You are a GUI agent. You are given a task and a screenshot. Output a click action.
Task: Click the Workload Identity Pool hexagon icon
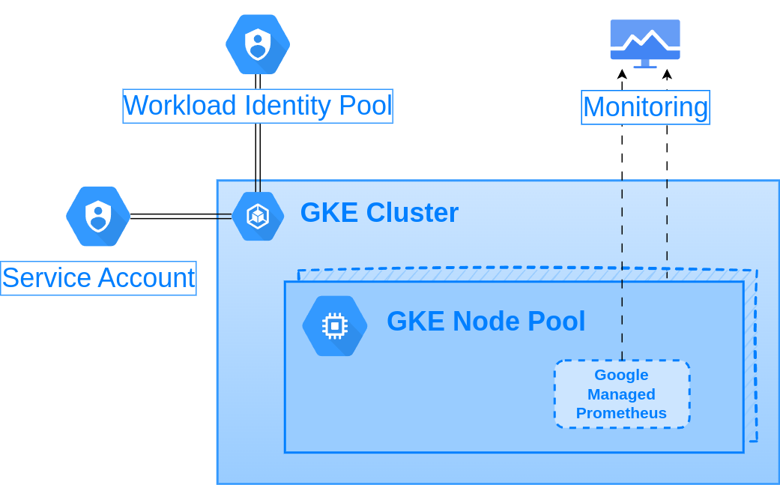[258, 44]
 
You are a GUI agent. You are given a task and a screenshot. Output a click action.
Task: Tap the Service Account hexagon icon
[98, 217]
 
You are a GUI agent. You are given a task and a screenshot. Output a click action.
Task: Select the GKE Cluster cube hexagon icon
[258, 217]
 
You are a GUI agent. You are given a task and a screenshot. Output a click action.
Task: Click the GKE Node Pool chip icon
[335, 325]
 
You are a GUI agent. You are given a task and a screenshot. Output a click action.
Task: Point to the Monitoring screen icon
[645, 42]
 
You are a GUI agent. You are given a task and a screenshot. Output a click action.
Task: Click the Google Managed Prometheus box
[622, 394]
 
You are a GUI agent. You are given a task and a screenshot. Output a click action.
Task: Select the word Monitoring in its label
[645, 107]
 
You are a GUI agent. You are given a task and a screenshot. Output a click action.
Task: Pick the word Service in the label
[46, 278]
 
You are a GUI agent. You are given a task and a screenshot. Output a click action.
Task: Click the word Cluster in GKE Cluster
[412, 213]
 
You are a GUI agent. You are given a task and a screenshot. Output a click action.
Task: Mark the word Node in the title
[486, 322]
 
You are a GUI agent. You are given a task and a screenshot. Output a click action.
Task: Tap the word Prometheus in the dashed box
[621, 413]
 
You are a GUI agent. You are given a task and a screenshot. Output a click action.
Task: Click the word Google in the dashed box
[621, 375]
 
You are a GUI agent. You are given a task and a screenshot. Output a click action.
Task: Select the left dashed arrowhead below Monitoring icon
[622, 74]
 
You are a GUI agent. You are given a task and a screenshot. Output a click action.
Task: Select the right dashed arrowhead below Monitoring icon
[667, 74]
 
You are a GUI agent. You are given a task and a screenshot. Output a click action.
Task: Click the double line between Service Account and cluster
[181, 216]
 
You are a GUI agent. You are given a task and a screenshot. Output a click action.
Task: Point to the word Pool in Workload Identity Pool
[365, 106]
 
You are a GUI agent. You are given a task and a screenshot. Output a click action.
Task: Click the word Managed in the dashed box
[621, 394]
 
